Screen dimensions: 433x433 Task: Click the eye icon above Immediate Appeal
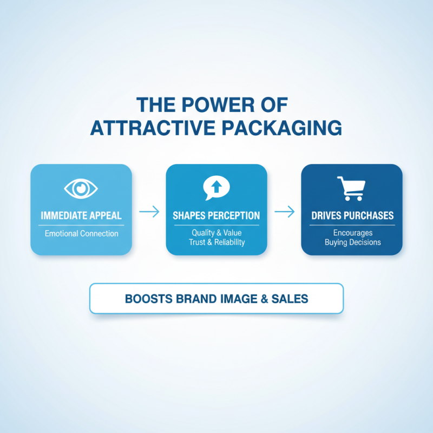tap(81, 188)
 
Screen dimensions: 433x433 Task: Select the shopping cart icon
tap(351, 188)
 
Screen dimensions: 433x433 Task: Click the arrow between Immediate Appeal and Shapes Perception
tap(149, 212)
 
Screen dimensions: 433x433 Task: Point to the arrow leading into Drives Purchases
tap(284, 212)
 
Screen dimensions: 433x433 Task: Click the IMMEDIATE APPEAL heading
tap(81, 215)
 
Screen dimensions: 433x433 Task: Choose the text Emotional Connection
tap(81, 234)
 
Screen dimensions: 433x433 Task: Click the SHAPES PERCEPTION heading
tap(216, 215)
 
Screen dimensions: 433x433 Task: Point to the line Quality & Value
tap(216, 233)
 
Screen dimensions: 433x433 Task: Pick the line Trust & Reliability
tap(216, 242)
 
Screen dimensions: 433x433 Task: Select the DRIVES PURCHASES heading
tap(352, 215)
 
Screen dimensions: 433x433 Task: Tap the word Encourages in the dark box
tap(352, 233)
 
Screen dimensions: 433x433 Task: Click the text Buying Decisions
tap(352, 242)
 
